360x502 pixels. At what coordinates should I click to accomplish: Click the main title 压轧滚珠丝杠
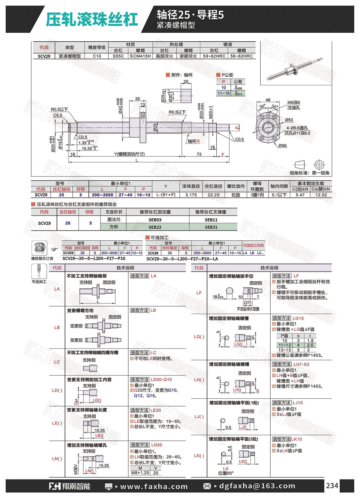(x=91, y=19)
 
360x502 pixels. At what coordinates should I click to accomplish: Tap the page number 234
(x=332, y=486)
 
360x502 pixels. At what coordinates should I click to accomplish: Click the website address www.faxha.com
(x=154, y=486)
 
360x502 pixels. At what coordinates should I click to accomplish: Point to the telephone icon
(x=39, y=248)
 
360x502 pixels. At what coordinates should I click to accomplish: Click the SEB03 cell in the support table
(x=155, y=220)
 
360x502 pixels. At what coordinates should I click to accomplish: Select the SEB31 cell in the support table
(x=211, y=227)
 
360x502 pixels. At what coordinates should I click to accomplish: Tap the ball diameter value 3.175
(x=191, y=195)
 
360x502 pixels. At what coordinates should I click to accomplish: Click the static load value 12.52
(x=321, y=195)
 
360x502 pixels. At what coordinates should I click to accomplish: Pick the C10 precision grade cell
(x=97, y=56)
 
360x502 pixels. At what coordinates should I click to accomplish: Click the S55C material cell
(x=118, y=56)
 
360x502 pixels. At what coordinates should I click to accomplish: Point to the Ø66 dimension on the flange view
(x=282, y=146)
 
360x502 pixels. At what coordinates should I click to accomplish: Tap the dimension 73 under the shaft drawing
(x=199, y=154)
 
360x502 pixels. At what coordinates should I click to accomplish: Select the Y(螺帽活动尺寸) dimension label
(x=129, y=154)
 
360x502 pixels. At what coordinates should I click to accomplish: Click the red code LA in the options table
(x=57, y=289)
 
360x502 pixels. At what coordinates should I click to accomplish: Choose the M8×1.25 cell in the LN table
(x=140, y=473)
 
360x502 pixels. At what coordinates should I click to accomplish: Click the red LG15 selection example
(x=298, y=318)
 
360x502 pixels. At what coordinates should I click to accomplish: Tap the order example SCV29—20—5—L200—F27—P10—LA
(x=182, y=259)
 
